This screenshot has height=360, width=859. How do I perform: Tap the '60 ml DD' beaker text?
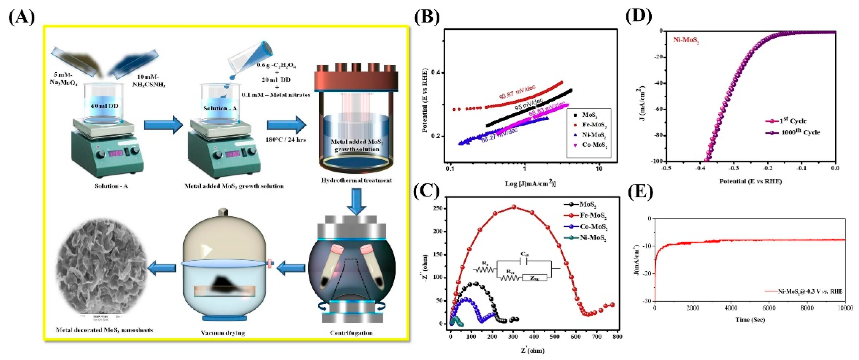pyautogui.click(x=104, y=106)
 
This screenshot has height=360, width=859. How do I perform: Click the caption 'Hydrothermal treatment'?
pyautogui.click(x=356, y=180)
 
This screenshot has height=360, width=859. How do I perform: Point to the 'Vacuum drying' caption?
pyautogui.click(x=222, y=333)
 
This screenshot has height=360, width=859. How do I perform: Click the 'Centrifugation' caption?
pyautogui.click(x=351, y=333)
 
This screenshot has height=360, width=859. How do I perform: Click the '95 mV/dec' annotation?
pyautogui.click(x=529, y=104)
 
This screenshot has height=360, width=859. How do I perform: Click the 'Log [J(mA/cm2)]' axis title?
pyautogui.click(x=529, y=183)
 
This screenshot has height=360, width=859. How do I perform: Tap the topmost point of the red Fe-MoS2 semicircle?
pyautogui.click(x=514, y=207)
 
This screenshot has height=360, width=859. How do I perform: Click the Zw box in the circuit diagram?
pyautogui.click(x=535, y=277)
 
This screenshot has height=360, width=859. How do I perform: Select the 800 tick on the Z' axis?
pyautogui.click(x=617, y=337)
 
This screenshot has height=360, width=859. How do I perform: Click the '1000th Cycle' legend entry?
pyautogui.click(x=800, y=132)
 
